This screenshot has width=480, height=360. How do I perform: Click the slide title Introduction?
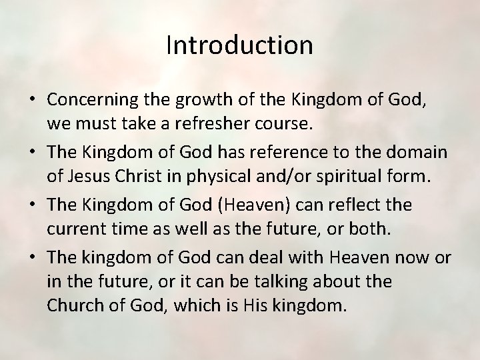pos(239,45)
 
